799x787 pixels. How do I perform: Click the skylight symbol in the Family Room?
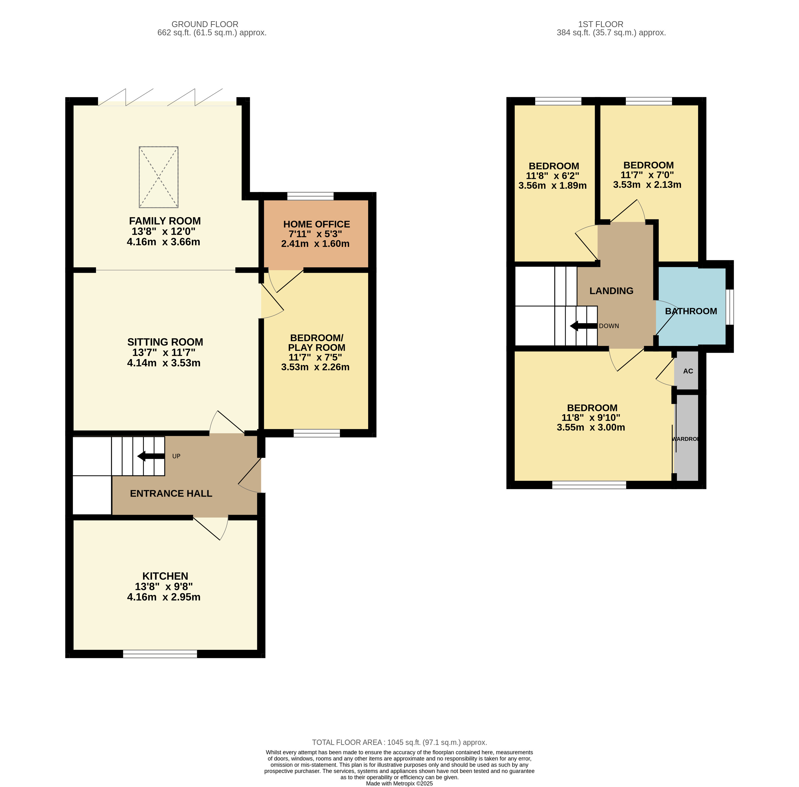click(x=158, y=177)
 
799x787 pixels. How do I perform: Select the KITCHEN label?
click(x=165, y=576)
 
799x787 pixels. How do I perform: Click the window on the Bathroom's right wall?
click(x=729, y=307)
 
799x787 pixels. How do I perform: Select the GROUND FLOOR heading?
click(x=205, y=24)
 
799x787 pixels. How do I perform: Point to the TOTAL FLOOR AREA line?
click(x=399, y=742)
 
